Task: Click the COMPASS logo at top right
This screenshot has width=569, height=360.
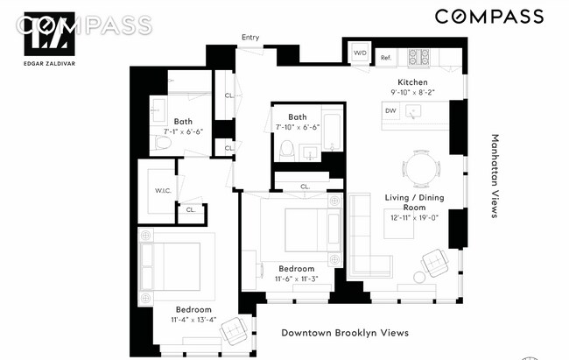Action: tap(488, 17)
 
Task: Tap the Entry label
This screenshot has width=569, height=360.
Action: tap(251, 37)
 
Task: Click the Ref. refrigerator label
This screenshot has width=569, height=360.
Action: tap(385, 58)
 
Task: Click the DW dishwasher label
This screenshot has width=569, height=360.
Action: tap(390, 110)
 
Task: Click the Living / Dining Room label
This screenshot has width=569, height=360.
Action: tap(414, 203)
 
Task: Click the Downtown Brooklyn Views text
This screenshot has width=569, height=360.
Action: tap(344, 333)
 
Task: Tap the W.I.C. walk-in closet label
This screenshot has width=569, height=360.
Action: tap(164, 189)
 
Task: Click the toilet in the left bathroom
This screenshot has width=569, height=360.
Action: tap(163, 139)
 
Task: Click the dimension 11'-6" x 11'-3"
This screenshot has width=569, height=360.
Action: tap(296, 279)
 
